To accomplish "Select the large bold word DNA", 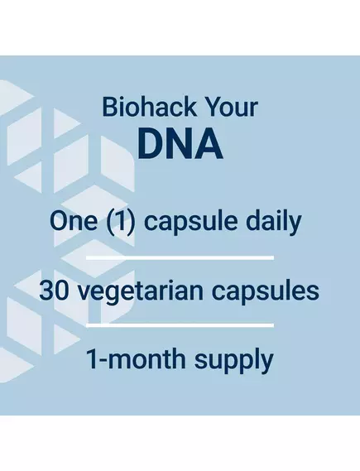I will [180, 143].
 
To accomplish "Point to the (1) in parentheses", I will [114, 221].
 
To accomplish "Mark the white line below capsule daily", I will [180, 257].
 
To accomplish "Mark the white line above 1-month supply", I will [180, 325].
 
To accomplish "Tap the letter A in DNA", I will [210, 143].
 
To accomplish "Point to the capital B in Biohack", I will [108, 108].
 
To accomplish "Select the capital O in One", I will [57, 221].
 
